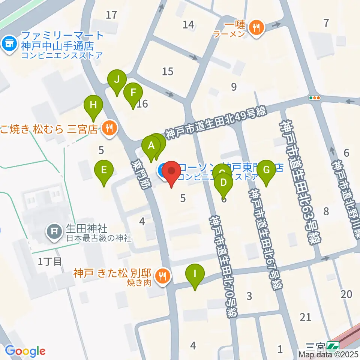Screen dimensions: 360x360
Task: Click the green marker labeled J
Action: [117, 80]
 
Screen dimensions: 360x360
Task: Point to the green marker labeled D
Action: [223, 183]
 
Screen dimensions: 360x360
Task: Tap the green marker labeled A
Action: [151, 146]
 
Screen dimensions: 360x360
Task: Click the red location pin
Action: [172, 172]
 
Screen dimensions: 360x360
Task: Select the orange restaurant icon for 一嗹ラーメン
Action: [257, 27]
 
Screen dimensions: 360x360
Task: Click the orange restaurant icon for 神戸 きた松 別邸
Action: [162, 277]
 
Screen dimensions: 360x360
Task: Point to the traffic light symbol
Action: [314, 98]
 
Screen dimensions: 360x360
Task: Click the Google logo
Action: [25, 351]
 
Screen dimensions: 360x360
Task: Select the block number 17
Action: [111, 15]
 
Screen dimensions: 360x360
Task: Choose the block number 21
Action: [306, 317]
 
